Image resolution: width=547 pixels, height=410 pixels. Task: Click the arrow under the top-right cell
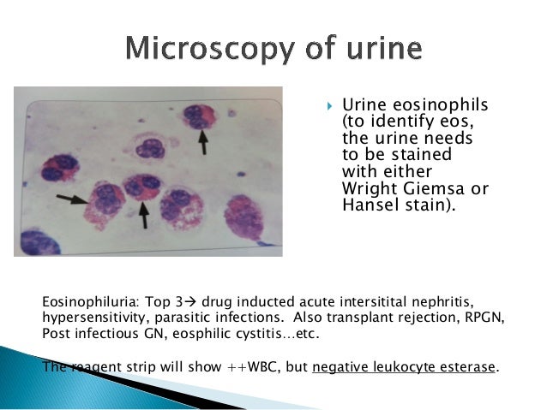coord(203,142)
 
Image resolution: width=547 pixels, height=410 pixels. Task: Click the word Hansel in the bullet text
coord(368,205)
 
